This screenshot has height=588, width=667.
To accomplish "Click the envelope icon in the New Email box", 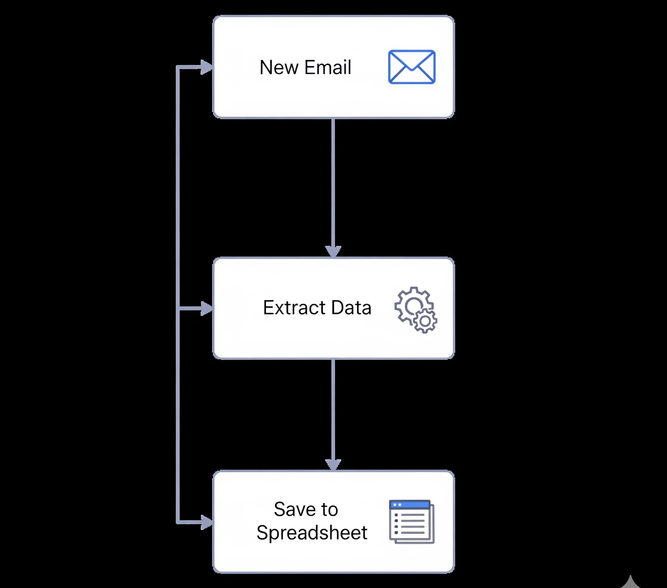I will pyautogui.click(x=411, y=67).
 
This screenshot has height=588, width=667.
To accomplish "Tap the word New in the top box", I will pyautogui.click(x=279, y=67).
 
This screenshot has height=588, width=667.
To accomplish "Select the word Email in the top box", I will pyautogui.click(x=328, y=67).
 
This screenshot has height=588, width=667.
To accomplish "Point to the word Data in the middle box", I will pyautogui.click(x=351, y=308).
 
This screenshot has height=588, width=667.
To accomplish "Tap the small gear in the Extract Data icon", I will pyautogui.click(x=425, y=321).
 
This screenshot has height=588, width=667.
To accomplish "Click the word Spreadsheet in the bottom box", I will pyautogui.click(x=312, y=533).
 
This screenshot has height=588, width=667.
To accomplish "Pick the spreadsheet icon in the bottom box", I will pyautogui.click(x=411, y=522).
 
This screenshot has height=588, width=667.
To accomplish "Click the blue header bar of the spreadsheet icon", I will pyautogui.click(x=409, y=505).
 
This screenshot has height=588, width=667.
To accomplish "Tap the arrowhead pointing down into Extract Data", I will pyautogui.click(x=333, y=251).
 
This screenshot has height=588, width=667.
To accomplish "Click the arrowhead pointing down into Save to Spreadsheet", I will pyautogui.click(x=333, y=464).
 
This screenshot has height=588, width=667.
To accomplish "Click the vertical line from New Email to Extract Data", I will pyautogui.click(x=333, y=182).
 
